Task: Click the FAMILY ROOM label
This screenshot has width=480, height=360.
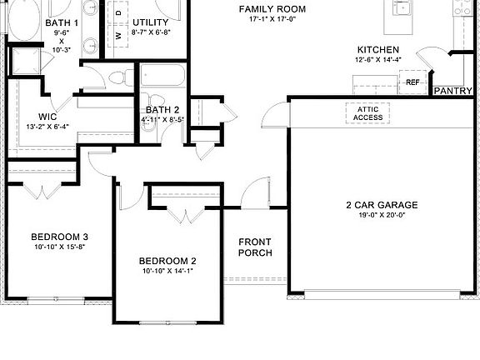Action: pos(272,8)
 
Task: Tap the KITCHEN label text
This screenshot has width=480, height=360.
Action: pos(377,50)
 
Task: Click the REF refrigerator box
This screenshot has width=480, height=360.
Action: pos(412,82)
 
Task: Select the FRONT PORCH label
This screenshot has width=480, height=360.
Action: pos(255,247)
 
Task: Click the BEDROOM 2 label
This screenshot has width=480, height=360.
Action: pos(167,260)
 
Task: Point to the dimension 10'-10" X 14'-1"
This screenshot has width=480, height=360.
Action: pos(167,272)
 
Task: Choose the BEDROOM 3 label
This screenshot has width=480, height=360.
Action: pos(60,236)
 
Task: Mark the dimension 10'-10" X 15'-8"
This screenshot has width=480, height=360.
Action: pos(60,247)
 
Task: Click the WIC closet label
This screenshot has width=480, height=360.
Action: pos(47,116)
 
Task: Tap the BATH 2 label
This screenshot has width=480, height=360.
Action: pos(162,109)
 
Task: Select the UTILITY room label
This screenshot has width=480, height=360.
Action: pos(151,22)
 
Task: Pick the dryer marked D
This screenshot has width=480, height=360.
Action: pos(119,13)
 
